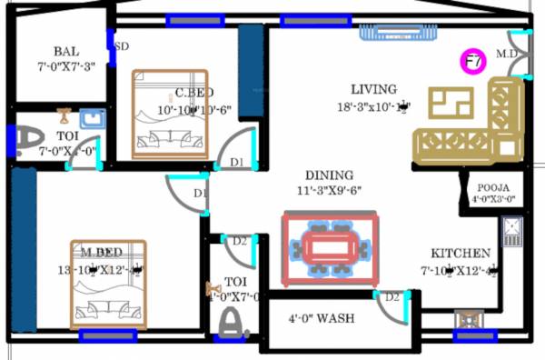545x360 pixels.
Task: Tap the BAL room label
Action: click(66, 51)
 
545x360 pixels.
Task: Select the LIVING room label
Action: click(373, 89)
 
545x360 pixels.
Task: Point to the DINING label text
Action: click(329, 175)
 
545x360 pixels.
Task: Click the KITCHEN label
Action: click(461, 254)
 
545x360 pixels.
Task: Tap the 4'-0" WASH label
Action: click(322, 318)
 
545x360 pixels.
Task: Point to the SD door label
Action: click(121, 45)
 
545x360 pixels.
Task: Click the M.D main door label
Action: click(505, 54)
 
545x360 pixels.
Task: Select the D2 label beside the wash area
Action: click(391, 297)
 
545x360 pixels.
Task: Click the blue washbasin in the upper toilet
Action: click(91, 118)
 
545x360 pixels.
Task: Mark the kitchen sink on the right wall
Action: click(512, 233)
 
